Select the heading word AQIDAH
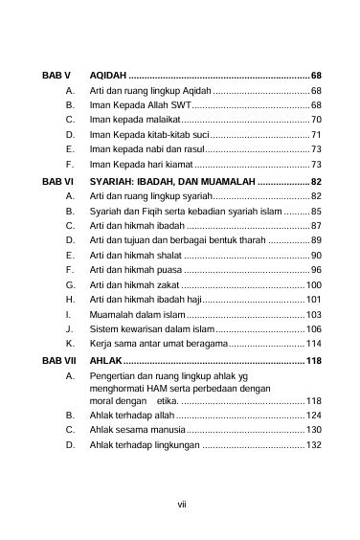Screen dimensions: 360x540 (106, 75)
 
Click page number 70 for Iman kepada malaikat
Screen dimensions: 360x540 (316, 120)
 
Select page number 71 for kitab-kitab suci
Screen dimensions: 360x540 (316, 135)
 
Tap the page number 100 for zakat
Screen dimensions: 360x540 (313, 285)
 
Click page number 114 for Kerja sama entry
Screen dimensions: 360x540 (313, 345)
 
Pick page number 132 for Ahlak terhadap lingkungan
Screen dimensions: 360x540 (313, 445)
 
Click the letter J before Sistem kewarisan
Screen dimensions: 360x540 (70, 330)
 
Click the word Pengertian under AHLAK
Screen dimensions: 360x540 (117, 377)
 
